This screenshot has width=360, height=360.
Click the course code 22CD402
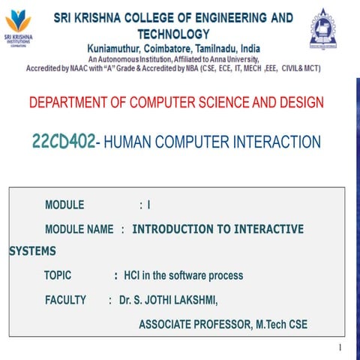[64, 142]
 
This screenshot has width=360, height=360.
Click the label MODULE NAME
[79, 229]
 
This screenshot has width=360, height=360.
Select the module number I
[149, 205]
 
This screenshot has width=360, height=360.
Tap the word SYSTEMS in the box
[32, 251]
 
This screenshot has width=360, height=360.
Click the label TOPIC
[58, 275]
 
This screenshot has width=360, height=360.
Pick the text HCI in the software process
[183, 275]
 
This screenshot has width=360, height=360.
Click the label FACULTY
[66, 300]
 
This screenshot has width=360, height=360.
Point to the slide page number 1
[340, 347]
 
